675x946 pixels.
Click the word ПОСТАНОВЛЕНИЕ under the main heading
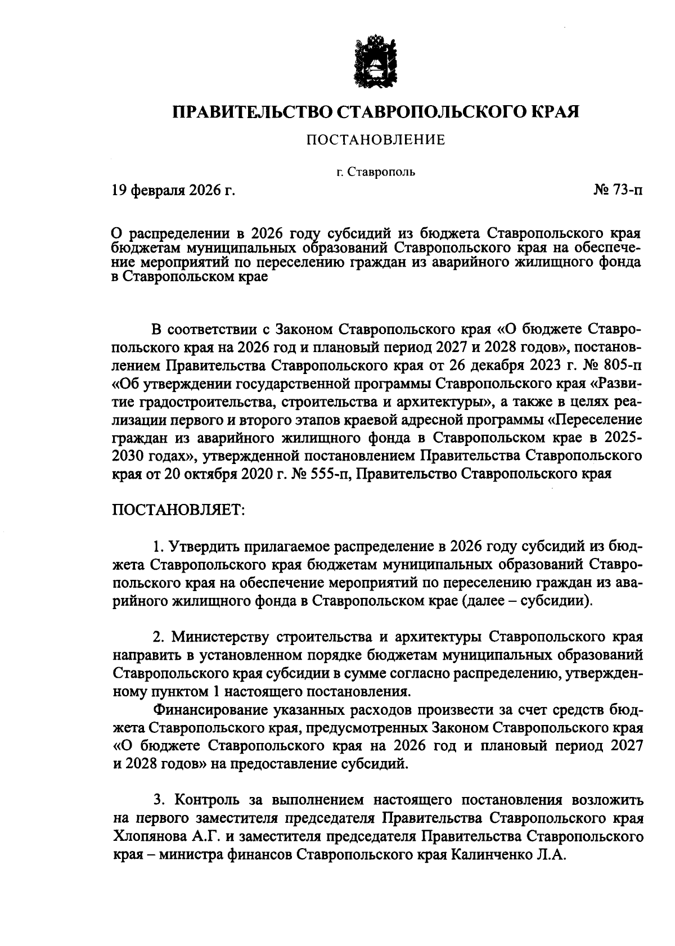pyautogui.click(x=376, y=140)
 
